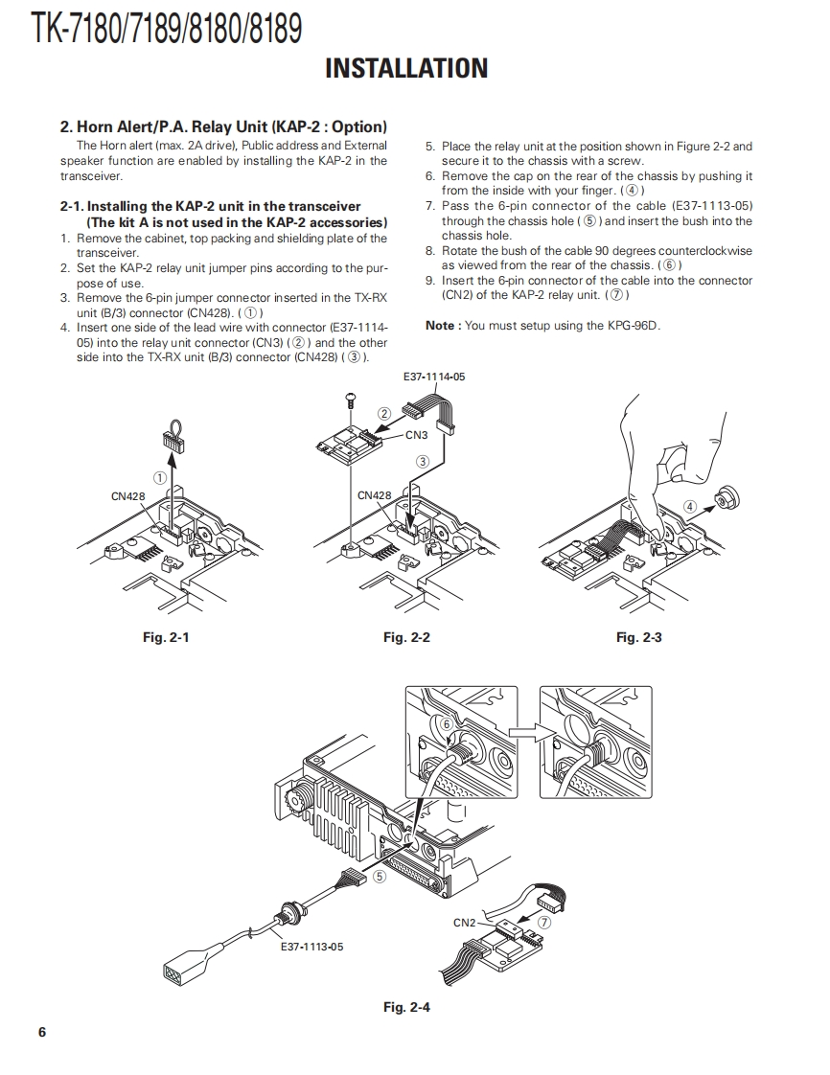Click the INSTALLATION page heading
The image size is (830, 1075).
(406, 69)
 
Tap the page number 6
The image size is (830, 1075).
(41, 1032)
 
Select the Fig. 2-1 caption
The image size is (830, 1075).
(166, 637)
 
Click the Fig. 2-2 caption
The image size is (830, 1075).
(406, 637)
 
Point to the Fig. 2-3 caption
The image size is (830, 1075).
(639, 637)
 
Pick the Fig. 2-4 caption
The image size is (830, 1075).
(406, 1007)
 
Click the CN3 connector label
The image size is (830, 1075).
(416, 435)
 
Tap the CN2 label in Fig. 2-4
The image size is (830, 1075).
(464, 923)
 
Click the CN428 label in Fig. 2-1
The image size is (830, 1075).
(128, 495)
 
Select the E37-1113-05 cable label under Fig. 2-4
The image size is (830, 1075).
(311, 947)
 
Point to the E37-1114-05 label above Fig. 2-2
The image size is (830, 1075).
(434, 377)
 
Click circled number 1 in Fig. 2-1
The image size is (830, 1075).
(160, 476)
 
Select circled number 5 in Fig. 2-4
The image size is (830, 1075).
(380, 875)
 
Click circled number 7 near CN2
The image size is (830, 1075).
(543, 923)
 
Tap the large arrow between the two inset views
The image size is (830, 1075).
(523, 732)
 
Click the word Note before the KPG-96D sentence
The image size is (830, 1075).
(440, 326)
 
